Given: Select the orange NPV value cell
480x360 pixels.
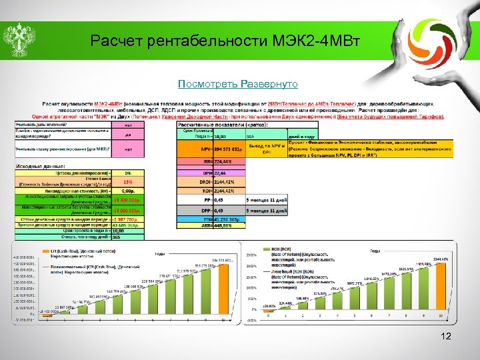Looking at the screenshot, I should click(x=211, y=149).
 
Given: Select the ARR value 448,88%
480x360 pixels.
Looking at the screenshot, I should click(x=211, y=225).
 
